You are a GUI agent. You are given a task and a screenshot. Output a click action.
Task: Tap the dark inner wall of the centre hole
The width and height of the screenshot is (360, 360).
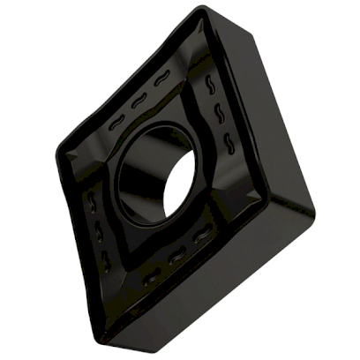pos(141,172)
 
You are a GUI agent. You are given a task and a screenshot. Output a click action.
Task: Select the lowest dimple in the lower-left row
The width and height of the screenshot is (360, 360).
pos(105,259)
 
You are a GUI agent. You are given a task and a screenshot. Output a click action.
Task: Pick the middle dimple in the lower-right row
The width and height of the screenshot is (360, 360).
pos(177,257)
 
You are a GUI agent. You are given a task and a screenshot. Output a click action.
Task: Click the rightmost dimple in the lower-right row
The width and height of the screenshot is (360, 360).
pos(203,236)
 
